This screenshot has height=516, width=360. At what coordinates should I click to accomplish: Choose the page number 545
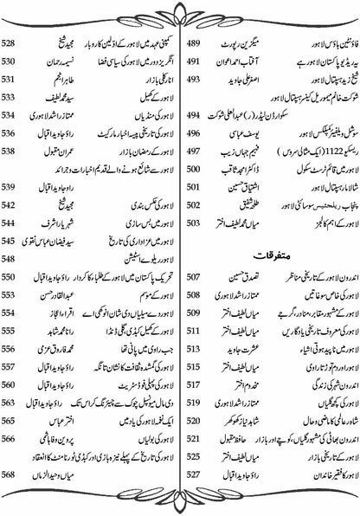[x=16, y=258]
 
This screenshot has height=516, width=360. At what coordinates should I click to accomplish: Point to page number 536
[x=16, y=134]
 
